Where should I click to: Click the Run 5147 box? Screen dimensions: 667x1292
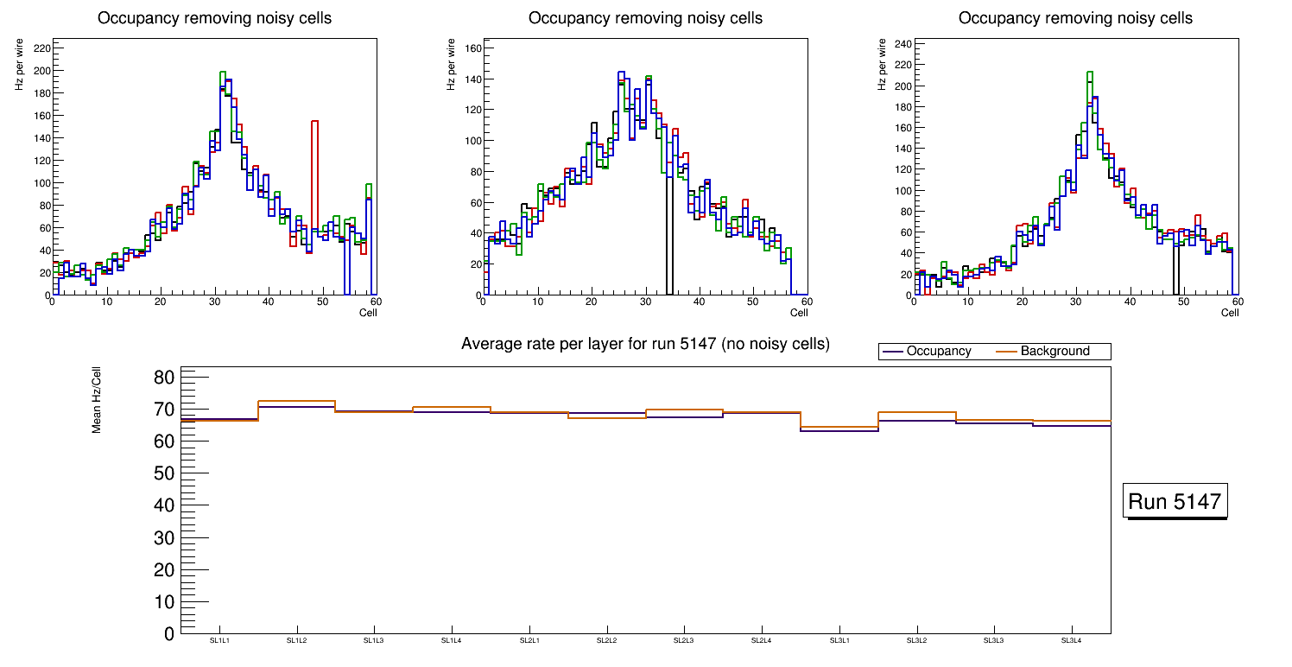[1175, 502]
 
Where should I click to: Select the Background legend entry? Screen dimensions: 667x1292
[1054, 352]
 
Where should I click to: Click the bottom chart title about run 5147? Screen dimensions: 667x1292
[645, 344]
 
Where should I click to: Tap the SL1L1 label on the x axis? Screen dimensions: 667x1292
[219, 640]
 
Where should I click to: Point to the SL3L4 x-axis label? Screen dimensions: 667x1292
[1071, 640]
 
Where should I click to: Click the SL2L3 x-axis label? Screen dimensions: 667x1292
[684, 640]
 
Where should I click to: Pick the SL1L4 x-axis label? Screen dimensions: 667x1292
[452, 640]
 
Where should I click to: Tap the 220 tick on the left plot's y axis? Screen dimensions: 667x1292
[41, 48]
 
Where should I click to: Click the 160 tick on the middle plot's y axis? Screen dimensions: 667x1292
[472, 48]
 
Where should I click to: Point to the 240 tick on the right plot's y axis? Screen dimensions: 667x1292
[902, 44]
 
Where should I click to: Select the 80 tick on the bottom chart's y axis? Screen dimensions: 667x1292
[165, 378]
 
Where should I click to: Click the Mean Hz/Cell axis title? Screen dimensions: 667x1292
[97, 399]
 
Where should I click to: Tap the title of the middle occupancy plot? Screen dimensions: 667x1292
[645, 18]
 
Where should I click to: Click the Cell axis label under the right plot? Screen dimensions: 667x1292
[1230, 313]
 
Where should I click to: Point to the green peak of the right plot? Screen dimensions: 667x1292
[1090, 73]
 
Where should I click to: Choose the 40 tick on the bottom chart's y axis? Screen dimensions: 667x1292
[165, 506]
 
